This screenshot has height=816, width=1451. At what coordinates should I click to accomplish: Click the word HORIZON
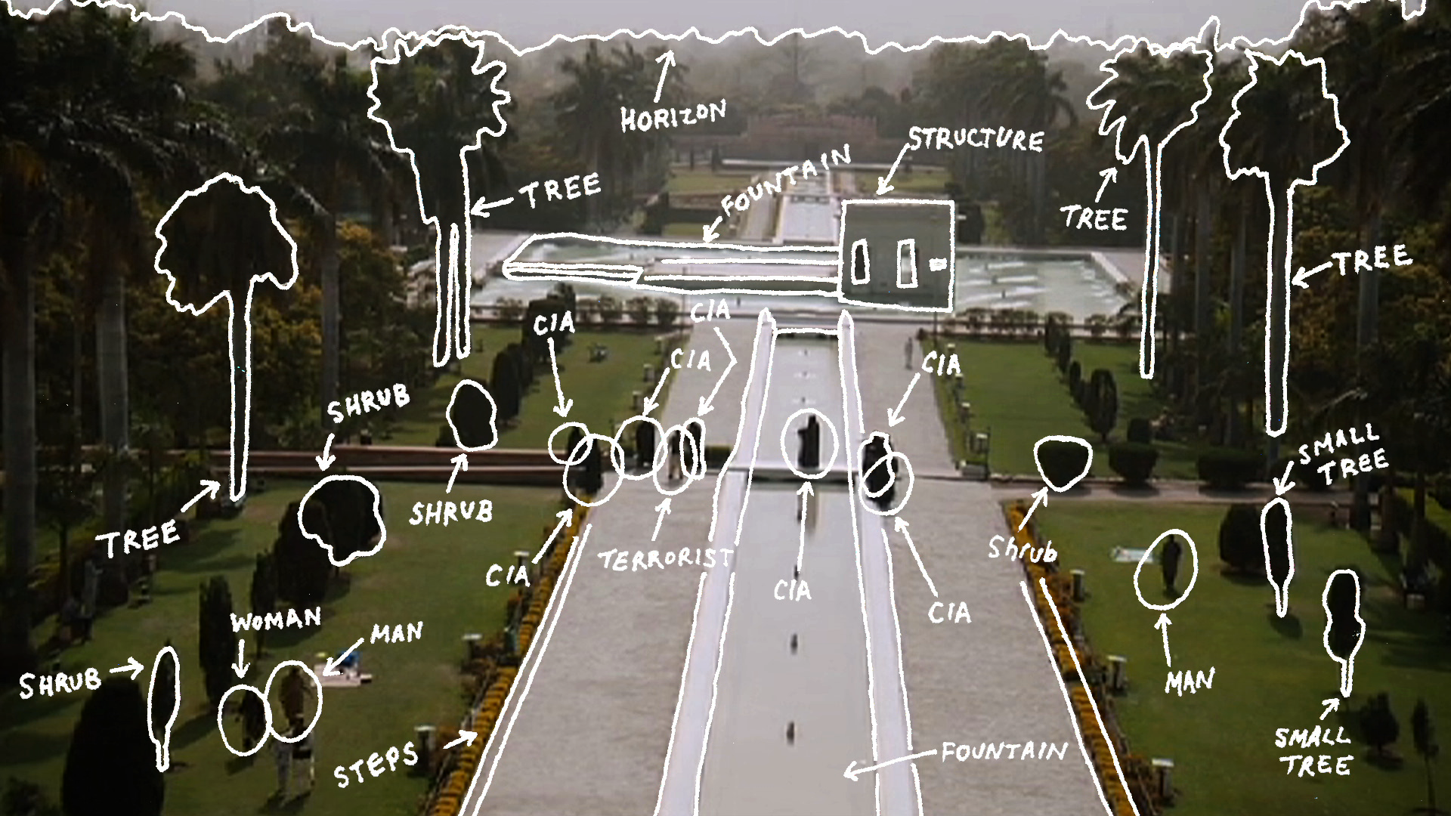pyautogui.click(x=673, y=116)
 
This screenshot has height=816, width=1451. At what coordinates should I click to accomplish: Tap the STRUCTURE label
pyautogui.click(x=976, y=140)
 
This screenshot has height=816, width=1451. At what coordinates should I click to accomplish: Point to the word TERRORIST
pyautogui.click(x=666, y=558)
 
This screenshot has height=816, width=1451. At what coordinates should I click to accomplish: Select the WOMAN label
pyautogui.click(x=276, y=620)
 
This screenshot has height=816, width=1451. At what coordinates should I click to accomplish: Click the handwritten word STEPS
pyautogui.click(x=376, y=763)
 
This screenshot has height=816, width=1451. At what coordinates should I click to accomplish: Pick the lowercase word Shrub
pyautogui.click(x=1022, y=549)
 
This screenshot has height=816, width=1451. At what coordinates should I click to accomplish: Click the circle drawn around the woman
pyautogui.click(x=243, y=720)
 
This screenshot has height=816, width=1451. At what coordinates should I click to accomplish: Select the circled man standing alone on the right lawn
pyautogui.click(x=1166, y=569)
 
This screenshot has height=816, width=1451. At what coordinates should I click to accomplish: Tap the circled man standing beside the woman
pyautogui.click(x=294, y=700)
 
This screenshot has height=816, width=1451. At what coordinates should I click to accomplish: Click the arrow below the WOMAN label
pyautogui.click(x=240, y=657)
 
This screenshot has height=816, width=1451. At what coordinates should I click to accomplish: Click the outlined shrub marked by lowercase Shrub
pyautogui.click(x=1063, y=462)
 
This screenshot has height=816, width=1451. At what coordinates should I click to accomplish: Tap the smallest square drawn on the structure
pyautogui.click(x=937, y=264)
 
